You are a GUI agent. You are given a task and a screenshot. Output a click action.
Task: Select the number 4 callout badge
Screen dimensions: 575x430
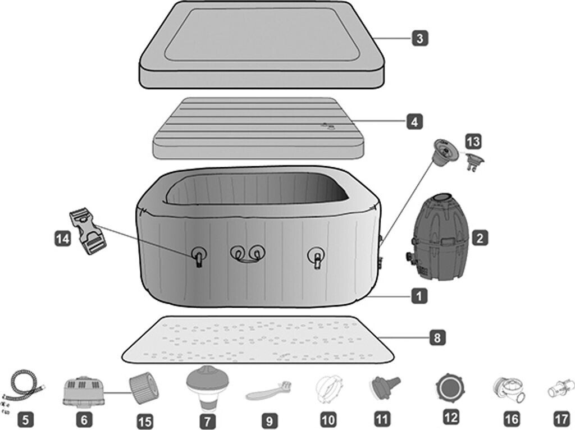(414, 121)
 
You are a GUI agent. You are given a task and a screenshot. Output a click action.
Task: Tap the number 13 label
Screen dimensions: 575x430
(473, 141)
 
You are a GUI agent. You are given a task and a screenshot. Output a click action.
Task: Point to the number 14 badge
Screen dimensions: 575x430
(63, 239)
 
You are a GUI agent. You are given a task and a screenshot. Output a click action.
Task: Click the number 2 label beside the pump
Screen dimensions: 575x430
(479, 238)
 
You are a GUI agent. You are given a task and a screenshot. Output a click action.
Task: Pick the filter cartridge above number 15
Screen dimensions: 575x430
(142, 388)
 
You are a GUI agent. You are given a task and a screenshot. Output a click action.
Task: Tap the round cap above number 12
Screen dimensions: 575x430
(450, 388)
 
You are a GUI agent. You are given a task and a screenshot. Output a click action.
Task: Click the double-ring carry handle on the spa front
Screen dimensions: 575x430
(247, 254)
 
